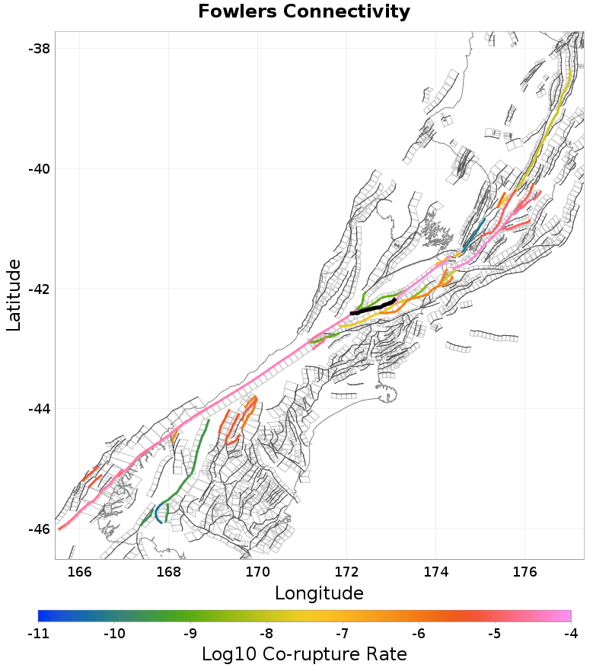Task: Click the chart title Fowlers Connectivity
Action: pyautogui.click(x=304, y=11)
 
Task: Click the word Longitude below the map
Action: pyautogui.click(x=319, y=593)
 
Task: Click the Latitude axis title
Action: pyautogui.click(x=14, y=295)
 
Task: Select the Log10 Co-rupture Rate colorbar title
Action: pyautogui.click(x=304, y=653)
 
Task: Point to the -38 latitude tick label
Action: pyautogui.click(x=39, y=48)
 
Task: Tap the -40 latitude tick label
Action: pyautogui.click(x=39, y=168)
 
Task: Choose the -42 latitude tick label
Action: pyautogui.click(x=39, y=289)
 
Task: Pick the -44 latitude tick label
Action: pyautogui.click(x=39, y=409)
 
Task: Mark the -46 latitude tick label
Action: pyautogui.click(x=39, y=529)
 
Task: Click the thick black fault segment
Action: pyautogui.click(x=372, y=308)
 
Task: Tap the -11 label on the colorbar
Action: pyautogui.click(x=38, y=633)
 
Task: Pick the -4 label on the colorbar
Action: pyautogui.click(x=570, y=633)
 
